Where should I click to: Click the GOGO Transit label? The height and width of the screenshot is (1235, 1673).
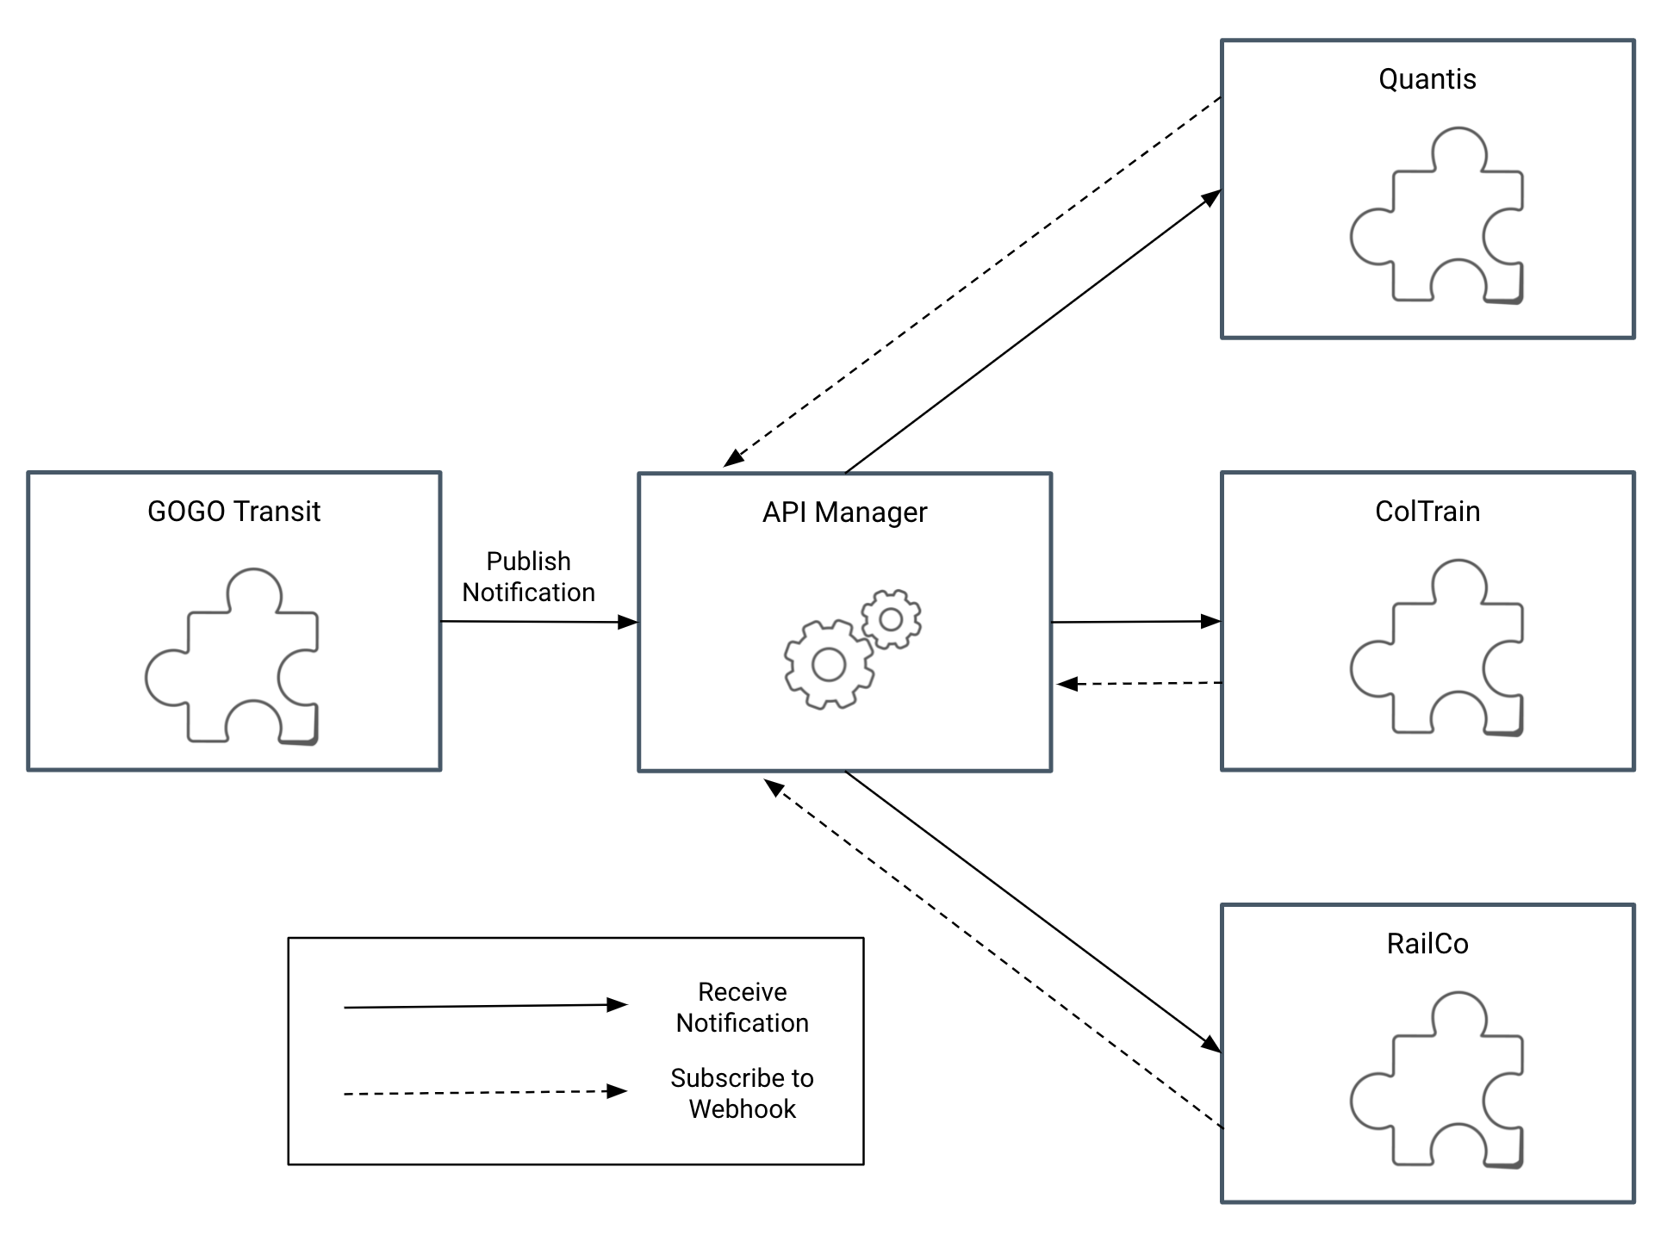233,512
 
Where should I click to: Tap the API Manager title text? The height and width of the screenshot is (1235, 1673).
844,512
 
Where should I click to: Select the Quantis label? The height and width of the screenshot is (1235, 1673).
1427,79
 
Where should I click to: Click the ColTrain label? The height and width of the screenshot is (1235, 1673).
1427,512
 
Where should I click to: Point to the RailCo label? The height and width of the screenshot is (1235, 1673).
1427,944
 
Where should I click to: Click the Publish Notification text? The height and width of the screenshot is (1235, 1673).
528,577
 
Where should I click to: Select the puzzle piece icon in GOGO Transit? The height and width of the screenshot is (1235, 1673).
232,656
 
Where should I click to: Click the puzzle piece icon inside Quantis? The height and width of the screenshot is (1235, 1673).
1436,215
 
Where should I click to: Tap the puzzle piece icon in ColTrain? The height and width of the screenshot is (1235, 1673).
1436,648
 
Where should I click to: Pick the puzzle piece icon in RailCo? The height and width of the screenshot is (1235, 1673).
1436,1080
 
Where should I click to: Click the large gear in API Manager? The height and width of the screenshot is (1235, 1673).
828,664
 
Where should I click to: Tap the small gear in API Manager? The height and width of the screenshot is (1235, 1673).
891,619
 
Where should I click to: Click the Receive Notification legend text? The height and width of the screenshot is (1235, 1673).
742,1008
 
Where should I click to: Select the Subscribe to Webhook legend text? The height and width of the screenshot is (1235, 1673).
742,1094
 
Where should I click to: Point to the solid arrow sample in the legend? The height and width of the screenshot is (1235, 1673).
482,1006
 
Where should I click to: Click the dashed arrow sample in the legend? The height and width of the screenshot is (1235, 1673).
482,1093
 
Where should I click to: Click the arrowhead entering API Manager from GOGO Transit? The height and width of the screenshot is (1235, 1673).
628,622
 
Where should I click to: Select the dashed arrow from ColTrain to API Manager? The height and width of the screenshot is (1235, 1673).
1137,684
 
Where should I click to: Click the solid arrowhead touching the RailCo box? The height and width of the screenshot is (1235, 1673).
1211,1045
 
